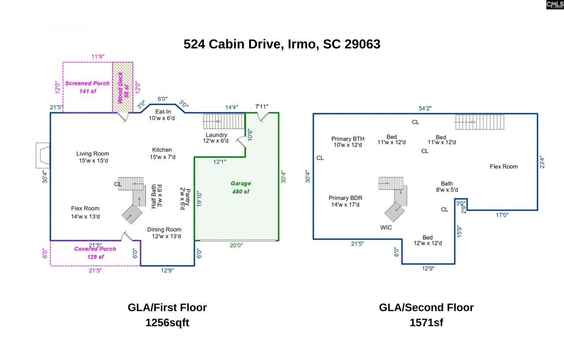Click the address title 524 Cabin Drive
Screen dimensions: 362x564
(x=282, y=44)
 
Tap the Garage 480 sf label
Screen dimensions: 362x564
(x=241, y=187)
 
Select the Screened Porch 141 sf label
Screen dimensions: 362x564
(x=87, y=87)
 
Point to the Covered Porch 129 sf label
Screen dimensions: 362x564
(x=95, y=253)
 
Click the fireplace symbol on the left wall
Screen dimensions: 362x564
(x=43, y=155)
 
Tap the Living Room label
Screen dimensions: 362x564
(x=93, y=157)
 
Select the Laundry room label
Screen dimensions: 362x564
(x=216, y=137)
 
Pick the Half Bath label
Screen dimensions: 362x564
(x=156, y=196)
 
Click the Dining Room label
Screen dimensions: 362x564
(x=164, y=233)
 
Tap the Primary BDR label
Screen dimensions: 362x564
(x=345, y=201)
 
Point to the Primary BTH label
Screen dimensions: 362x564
(x=348, y=142)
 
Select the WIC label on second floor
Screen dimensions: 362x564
(x=386, y=228)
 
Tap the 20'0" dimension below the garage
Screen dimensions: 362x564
(x=236, y=246)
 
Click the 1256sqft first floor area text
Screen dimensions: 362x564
(x=167, y=322)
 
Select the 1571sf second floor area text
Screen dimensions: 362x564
(x=426, y=322)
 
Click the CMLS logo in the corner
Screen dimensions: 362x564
(x=554, y=5)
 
